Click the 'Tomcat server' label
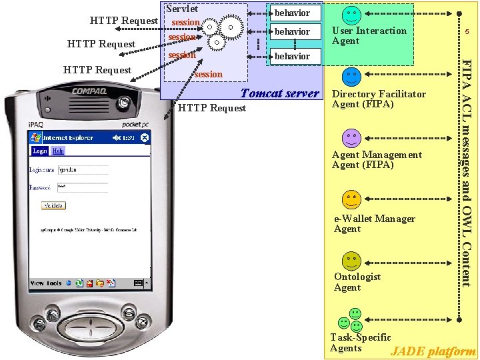tap(279, 93)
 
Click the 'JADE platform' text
tap(433, 351)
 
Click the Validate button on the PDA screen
tap(54, 206)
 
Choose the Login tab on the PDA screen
tap(40, 151)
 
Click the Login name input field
tap(75, 170)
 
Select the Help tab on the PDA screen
tap(59, 151)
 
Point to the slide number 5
tap(467, 31)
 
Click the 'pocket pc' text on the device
tap(137, 125)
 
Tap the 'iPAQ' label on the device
tap(37, 125)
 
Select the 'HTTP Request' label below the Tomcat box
tap(213, 108)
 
